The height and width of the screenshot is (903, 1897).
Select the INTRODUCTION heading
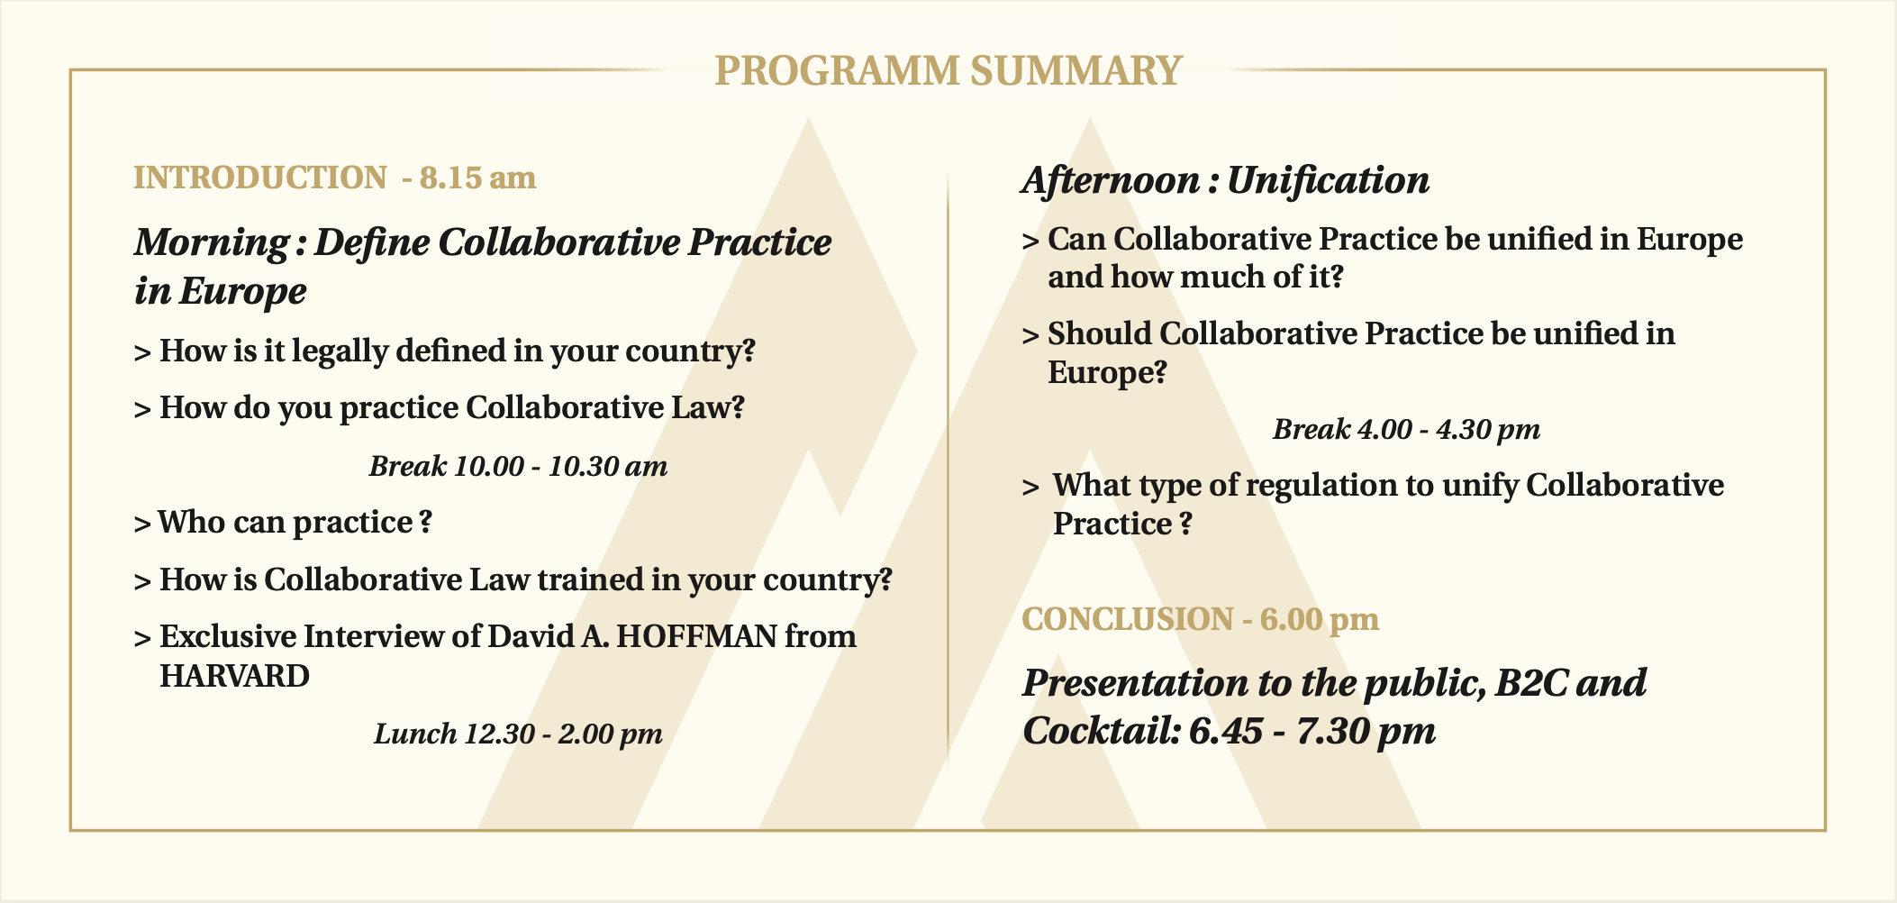click(x=260, y=178)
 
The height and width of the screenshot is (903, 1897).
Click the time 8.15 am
click(x=477, y=178)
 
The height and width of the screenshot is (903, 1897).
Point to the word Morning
click(x=212, y=243)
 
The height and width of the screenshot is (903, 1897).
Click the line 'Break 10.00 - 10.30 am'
click(x=519, y=466)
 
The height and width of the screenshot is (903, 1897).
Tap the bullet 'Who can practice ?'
click(x=283, y=523)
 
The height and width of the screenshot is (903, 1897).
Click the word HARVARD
click(x=234, y=676)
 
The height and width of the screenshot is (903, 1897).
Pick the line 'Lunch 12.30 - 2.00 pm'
click(x=519, y=734)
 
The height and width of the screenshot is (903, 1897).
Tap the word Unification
click(x=1328, y=180)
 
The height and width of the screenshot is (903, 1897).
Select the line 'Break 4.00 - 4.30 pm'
click(x=1407, y=429)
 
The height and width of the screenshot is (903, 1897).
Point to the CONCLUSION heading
click(x=1128, y=619)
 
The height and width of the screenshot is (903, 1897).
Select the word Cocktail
click(x=1102, y=731)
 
